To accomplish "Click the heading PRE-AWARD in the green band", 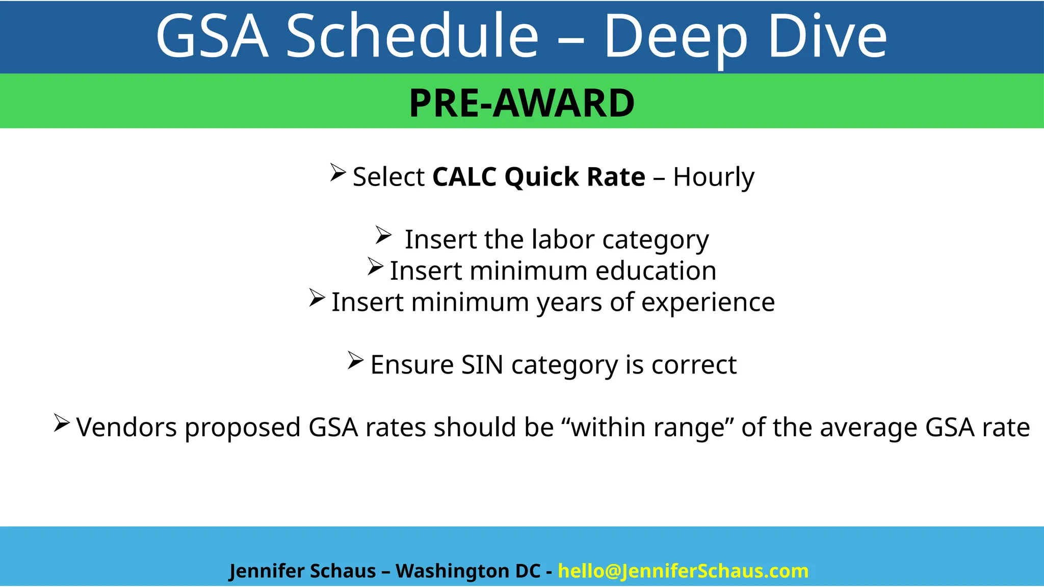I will [521, 103].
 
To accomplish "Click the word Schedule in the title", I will [412, 37].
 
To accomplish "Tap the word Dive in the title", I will [827, 37].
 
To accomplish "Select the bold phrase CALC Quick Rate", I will [539, 177].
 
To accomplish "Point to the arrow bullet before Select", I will [338, 172].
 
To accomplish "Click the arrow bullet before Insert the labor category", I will [383, 235].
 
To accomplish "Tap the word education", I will [656, 271].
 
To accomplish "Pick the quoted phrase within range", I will [647, 427].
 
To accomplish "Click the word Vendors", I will [126, 427].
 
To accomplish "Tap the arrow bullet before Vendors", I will [61, 423].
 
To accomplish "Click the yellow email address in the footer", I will [683, 571].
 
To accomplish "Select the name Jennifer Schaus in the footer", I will [302, 571].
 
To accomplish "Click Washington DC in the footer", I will [467, 571].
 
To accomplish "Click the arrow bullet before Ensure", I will [355, 360].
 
